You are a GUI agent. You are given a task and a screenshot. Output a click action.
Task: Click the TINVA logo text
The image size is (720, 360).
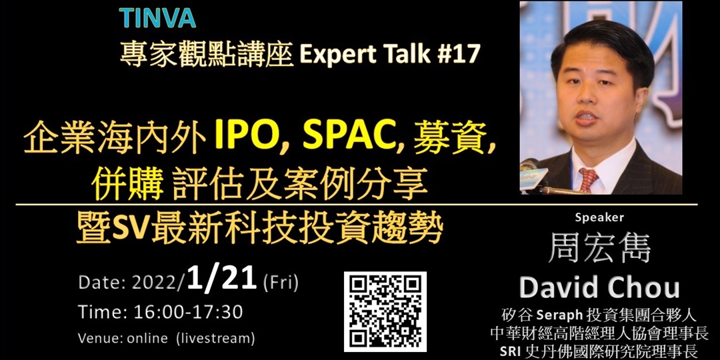pos(157,18)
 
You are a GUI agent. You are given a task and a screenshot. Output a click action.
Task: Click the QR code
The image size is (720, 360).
pos(385,311)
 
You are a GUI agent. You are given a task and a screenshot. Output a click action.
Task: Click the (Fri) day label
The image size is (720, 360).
pos(281,283)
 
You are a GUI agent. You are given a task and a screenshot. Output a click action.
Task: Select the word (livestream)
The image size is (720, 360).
pos(215,338)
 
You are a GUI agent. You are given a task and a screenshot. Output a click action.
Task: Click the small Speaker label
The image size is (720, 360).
pos(599,217)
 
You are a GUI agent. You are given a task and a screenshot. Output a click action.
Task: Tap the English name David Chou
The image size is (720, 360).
pos(599,288)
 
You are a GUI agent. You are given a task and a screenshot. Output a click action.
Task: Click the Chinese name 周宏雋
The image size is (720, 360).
pos(599,248)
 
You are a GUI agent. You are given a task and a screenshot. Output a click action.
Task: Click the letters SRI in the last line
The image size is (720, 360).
pos(517,350)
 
